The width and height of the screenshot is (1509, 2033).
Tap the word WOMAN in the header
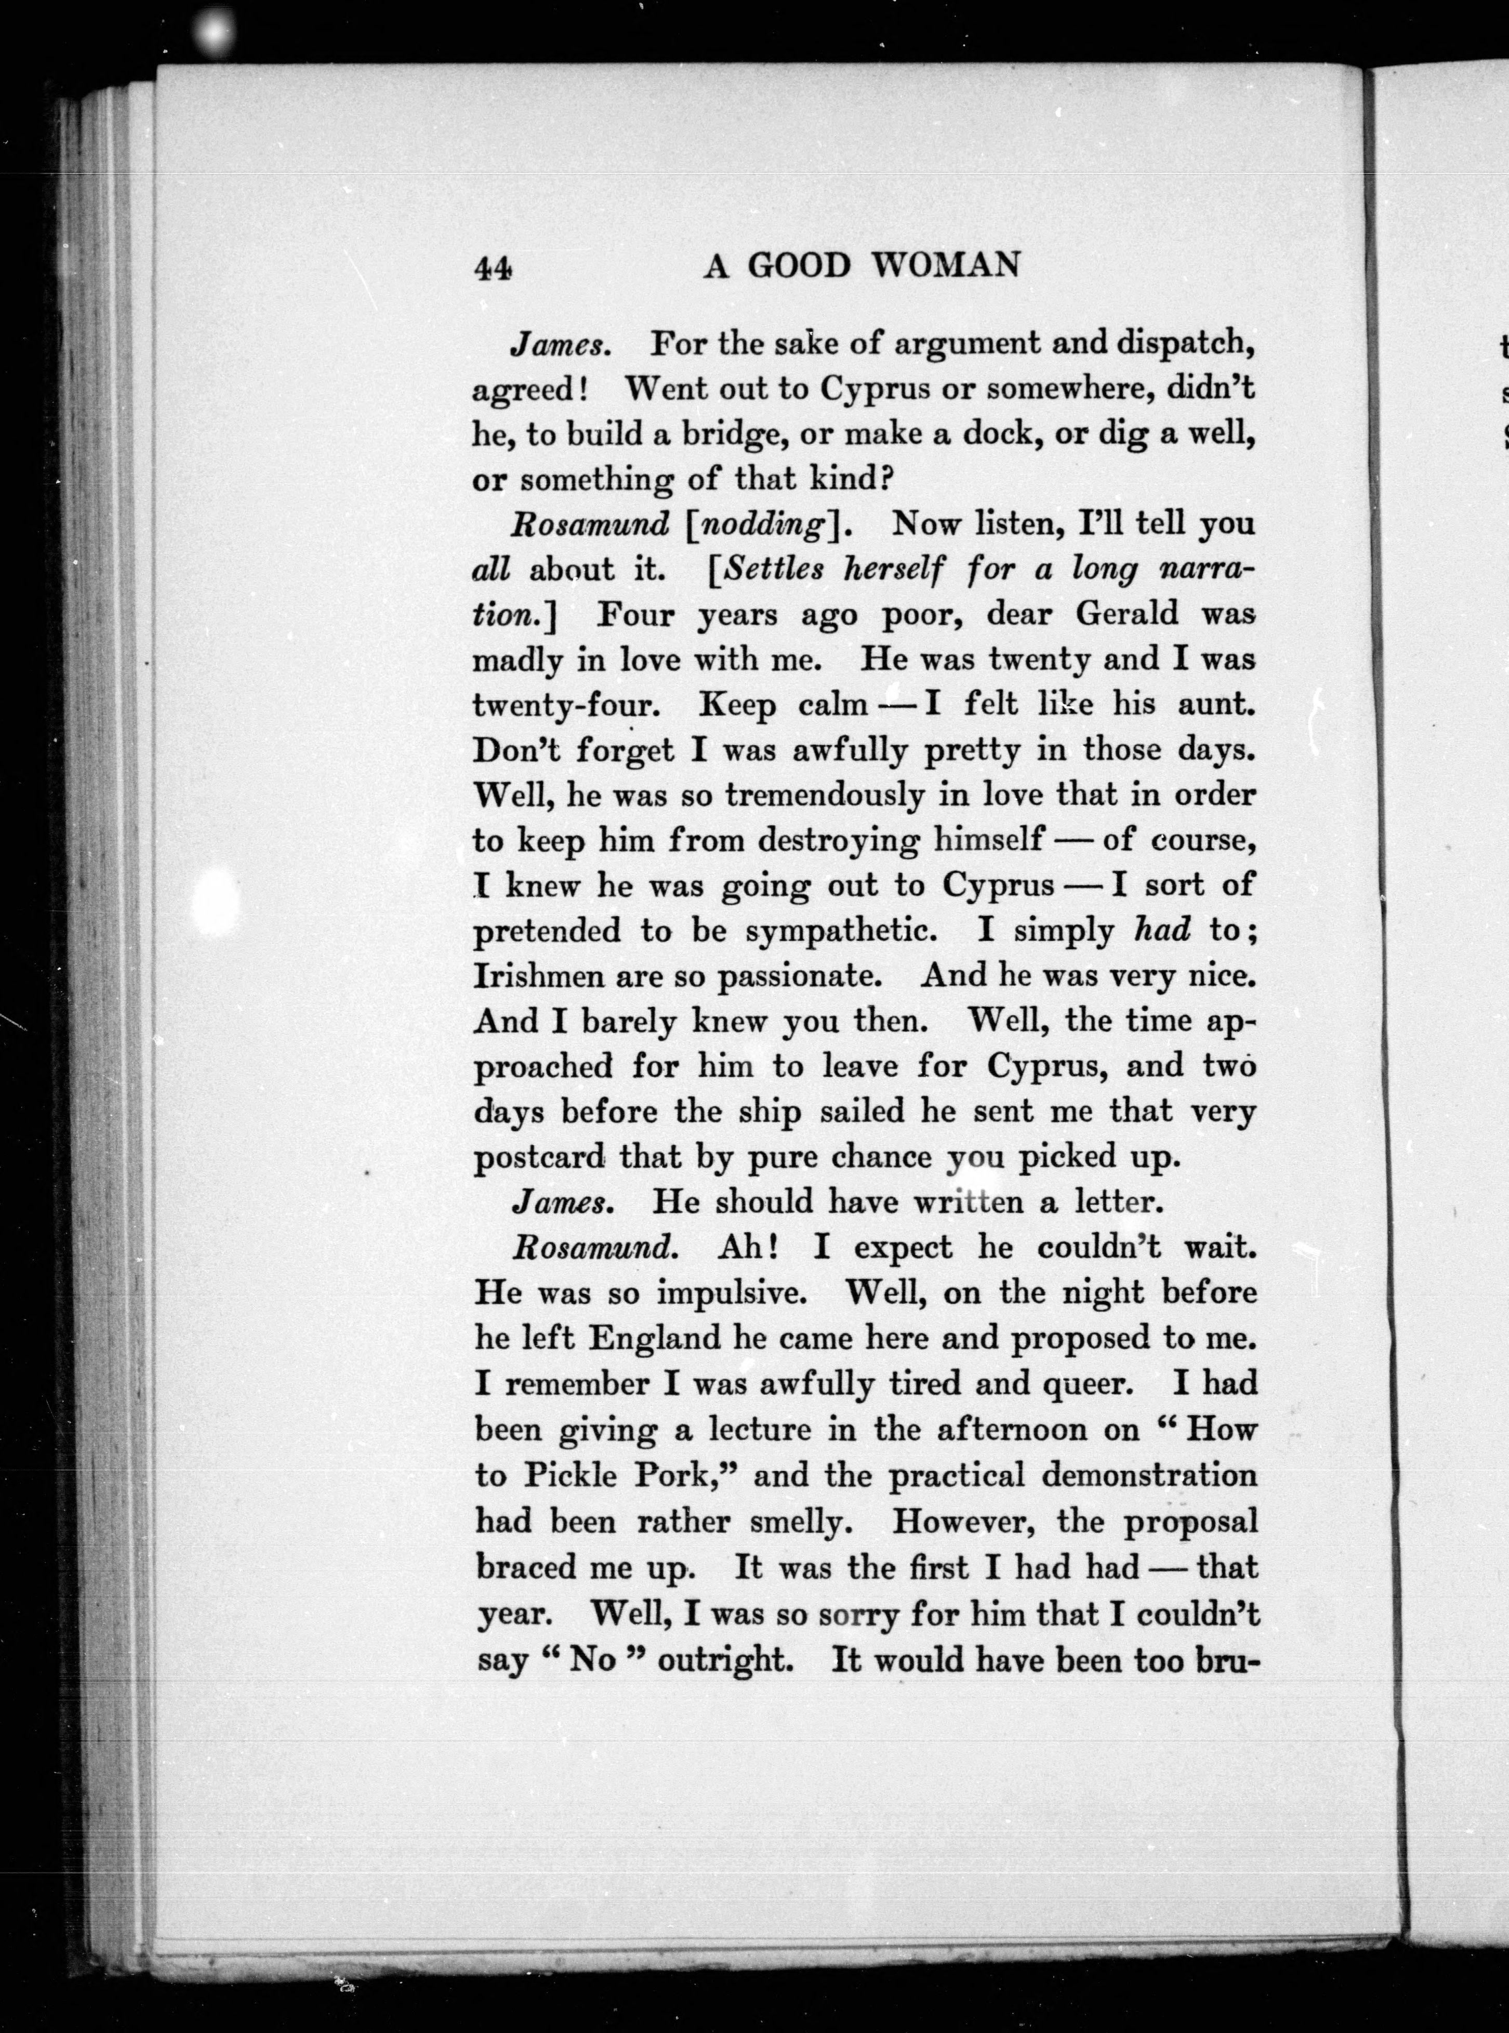click(945, 265)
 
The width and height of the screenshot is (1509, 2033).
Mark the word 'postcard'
click(539, 1158)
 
